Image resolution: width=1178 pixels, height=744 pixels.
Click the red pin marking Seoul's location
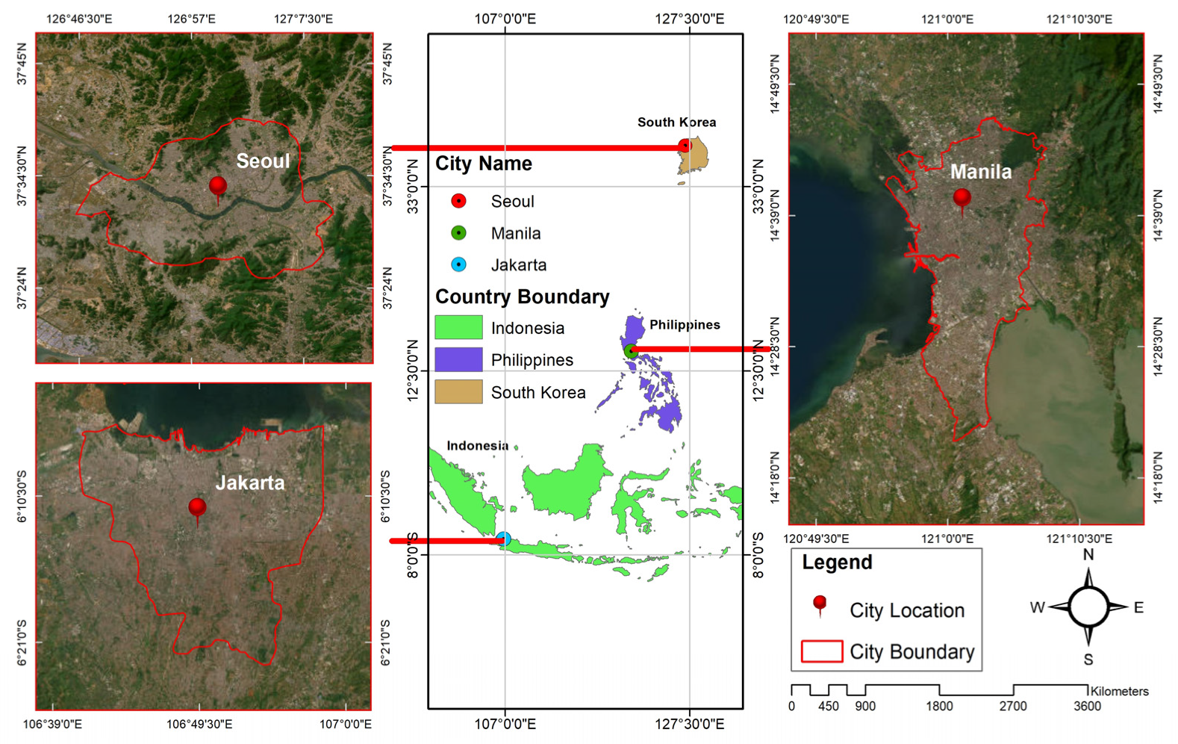pos(218,186)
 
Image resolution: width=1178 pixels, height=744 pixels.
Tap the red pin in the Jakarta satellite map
pos(197,508)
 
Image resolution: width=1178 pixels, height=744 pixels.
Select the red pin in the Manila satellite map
pos(962,199)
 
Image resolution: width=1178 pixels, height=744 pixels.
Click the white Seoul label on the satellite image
pos(263,161)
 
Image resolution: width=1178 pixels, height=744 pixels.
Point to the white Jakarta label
pos(250,483)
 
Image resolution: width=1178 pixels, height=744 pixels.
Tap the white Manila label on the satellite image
pos(981,172)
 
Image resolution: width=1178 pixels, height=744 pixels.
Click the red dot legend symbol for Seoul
pos(459,201)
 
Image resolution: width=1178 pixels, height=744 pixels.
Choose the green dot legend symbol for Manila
pos(459,233)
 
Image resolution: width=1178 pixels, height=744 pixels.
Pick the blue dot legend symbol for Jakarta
pos(459,264)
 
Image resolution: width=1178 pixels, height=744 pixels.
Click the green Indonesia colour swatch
pos(458,327)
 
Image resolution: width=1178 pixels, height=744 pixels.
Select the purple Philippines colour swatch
pos(458,359)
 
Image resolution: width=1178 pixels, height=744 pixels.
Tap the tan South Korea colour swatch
pos(458,391)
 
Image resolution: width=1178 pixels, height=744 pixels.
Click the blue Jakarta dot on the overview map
pos(504,539)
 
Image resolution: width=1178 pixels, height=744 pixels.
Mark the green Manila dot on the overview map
pos(632,350)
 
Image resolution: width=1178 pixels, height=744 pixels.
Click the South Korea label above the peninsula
pos(676,123)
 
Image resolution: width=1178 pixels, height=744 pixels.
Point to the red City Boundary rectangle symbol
pos(821,651)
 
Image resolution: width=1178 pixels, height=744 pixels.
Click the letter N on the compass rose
pos(1088,555)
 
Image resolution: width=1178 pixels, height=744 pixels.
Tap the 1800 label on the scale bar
pos(939,706)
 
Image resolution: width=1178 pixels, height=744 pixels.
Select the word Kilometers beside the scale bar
pos(1119,692)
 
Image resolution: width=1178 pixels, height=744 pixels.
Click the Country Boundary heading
pos(522,297)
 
